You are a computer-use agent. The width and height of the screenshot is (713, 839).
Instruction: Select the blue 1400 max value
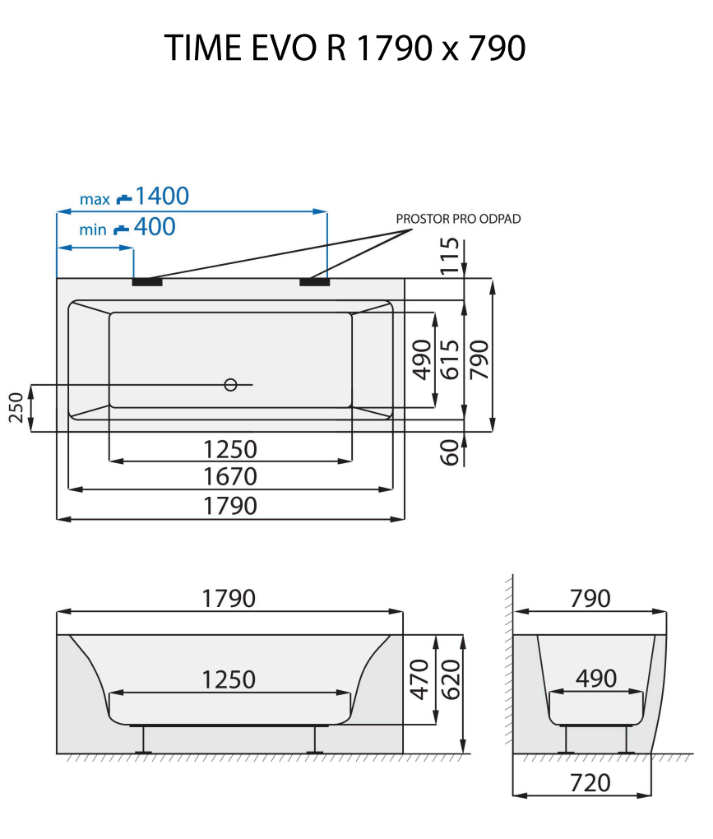[162, 196]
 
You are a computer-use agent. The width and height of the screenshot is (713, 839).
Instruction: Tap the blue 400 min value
[155, 227]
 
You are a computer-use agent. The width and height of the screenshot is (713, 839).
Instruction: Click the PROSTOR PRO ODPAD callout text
[458, 219]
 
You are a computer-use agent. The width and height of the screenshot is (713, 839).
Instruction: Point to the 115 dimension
[448, 255]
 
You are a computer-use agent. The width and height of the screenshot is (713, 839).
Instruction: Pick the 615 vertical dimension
[449, 359]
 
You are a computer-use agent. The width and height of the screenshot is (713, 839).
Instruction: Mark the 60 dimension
[449, 452]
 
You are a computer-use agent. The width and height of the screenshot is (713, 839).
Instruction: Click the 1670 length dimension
[230, 477]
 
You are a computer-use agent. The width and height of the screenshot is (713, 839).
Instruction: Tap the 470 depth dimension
[419, 679]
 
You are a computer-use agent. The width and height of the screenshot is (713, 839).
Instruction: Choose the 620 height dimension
[449, 679]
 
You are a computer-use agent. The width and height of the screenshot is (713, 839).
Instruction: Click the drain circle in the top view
[230, 384]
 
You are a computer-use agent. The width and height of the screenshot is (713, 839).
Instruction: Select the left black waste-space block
[147, 282]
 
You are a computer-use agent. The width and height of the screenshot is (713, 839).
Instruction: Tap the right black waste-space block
[315, 282]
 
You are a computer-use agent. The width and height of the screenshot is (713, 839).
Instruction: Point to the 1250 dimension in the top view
[230, 449]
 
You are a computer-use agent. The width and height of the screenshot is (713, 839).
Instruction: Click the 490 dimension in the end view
[595, 679]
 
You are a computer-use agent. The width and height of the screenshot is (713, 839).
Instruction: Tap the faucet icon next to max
[123, 198]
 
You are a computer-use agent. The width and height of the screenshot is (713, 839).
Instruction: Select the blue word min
[93, 229]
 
